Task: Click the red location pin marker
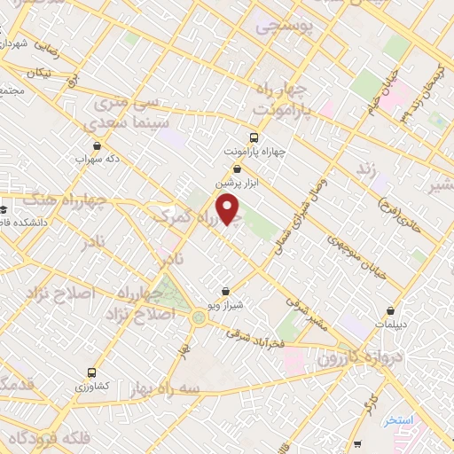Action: pyautogui.click(x=230, y=209)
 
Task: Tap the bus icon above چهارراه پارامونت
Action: pyautogui.click(x=254, y=137)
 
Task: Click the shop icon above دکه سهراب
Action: pyautogui.click(x=97, y=148)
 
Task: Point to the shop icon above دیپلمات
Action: pyautogui.click(x=391, y=310)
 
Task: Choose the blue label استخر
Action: pyautogui.click(x=402, y=419)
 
